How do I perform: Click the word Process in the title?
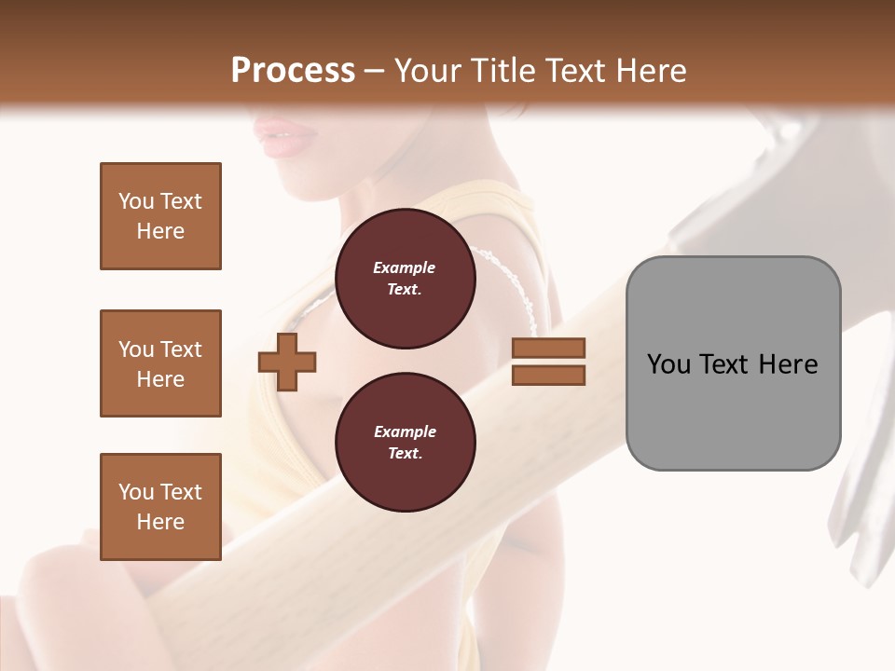tap(293, 71)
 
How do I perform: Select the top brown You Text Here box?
tap(160, 216)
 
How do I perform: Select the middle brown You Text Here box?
tap(160, 363)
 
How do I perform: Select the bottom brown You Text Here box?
tap(160, 506)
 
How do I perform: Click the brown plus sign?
tap(286, 361)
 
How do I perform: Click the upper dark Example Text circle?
tap(405, 278)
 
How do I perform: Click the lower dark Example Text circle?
tap(405, 442)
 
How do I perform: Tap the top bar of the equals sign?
tap(548, 348)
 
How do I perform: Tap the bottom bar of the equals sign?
tap(548, 375)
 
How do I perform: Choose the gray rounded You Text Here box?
tap(733, 363)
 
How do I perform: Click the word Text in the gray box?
tap(726, 364)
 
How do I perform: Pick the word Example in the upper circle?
tap(405, 267)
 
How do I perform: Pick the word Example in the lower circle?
tap(405, 431)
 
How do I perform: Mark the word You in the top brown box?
tap(136, 201)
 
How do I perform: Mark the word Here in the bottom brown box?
tap(160, 521)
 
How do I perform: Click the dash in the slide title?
tap(374, 71)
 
